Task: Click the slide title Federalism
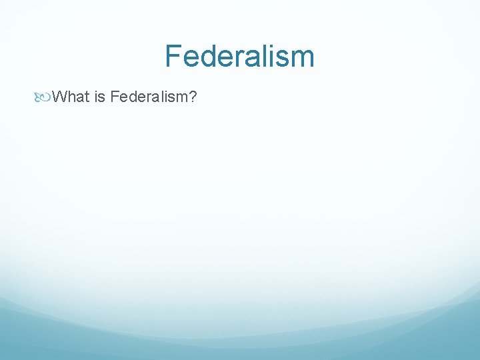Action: click(239, 56)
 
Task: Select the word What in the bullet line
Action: click(70, 98)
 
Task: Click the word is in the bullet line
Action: click(100, 98)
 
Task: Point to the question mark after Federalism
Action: click(192, 98)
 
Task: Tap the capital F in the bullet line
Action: click(115, 98)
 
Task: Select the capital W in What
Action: click(59, 98)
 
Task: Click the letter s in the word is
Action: click(103, 98)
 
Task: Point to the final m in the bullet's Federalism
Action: click(181, 98)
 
